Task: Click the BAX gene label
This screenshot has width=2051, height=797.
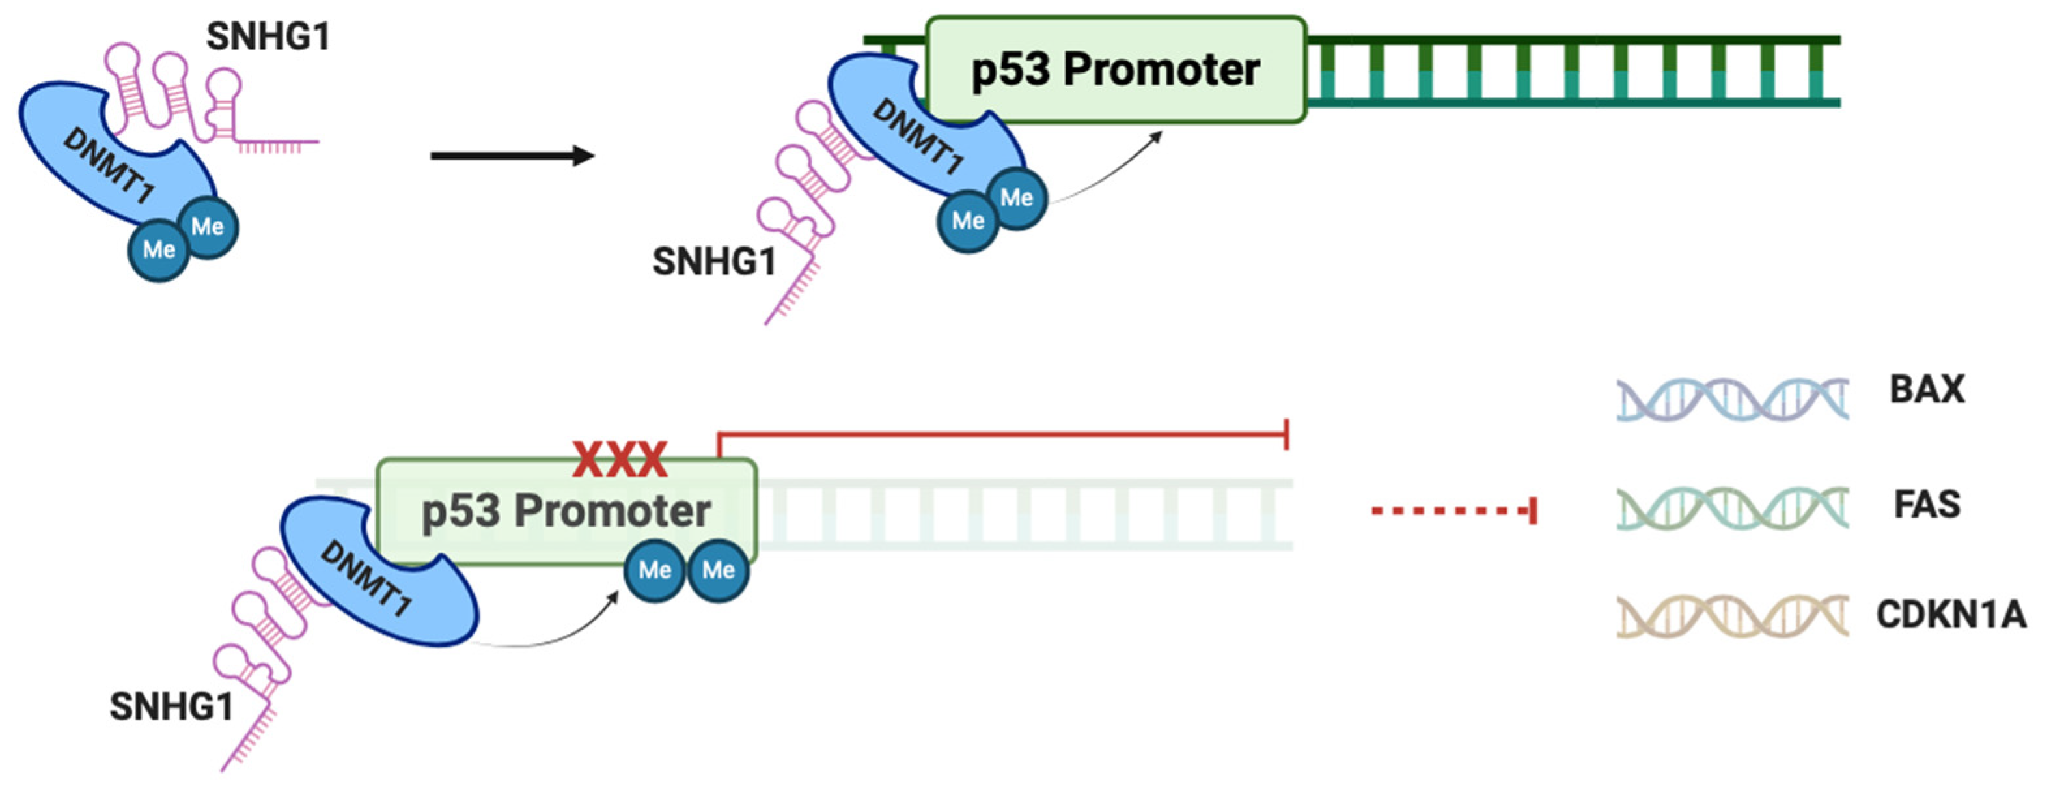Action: (x=1927, y=390)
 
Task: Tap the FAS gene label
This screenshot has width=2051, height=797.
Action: (x=1927, y=505)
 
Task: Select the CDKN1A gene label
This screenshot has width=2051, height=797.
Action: (x=1951, y=615)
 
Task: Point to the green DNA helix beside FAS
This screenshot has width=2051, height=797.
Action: (x=1731, y=508)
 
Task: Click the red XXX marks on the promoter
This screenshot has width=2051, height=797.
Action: (x=620, y=460)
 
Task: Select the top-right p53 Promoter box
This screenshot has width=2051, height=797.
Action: (x=1114, y=70)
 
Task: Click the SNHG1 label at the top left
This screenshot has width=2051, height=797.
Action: (x=268, y=36)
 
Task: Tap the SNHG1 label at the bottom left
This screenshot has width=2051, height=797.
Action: (x=171, y=707)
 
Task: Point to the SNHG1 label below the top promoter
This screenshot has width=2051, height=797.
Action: (x=713, y=262)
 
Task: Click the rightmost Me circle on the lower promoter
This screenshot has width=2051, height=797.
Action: (x=718, y=570)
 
